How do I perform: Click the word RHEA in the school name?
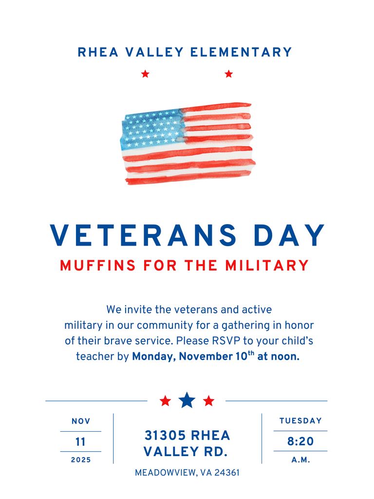98,52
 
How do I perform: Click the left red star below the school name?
145,74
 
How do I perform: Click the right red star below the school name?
229,74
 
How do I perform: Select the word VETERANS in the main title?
143,236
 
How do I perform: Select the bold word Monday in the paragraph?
153,357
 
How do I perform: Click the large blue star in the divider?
187,401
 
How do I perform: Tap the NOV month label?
81,422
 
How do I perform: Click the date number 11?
81,442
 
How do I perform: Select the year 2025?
81,460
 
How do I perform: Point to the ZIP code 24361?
225,473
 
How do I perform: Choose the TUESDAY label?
300,421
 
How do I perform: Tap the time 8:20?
300,442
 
